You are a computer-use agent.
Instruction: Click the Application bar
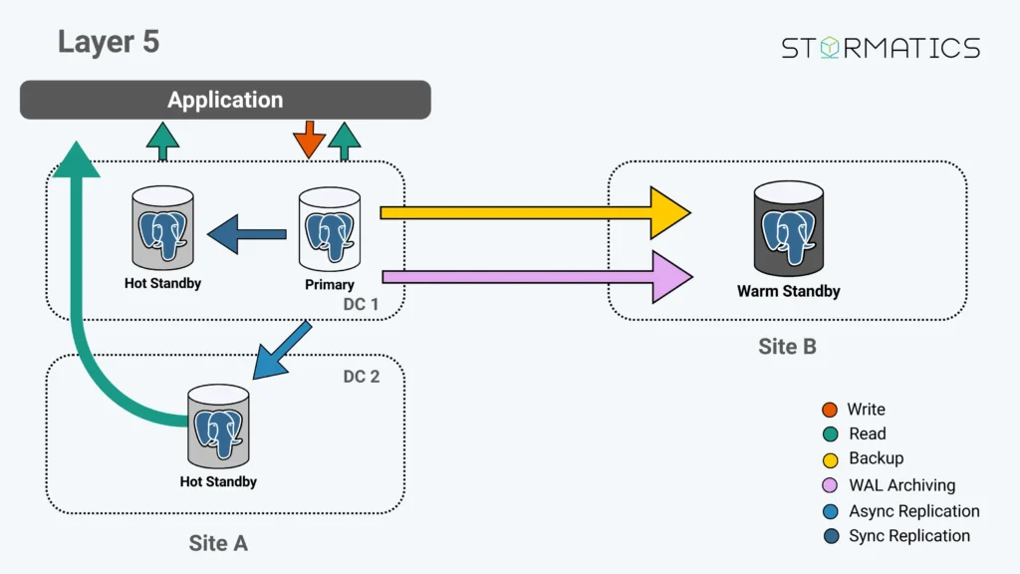(225, 100)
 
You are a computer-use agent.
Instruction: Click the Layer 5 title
(108, 42)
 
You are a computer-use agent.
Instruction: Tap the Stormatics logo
(881, 48)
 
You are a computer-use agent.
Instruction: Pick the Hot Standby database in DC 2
(218, 427)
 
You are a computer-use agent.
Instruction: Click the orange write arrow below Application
(309, 140)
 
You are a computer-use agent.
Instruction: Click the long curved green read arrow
(85, 299)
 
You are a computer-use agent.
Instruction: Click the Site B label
(787, 347)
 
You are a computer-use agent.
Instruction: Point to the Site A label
(218, 543)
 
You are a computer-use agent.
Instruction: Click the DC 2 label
(361, 377)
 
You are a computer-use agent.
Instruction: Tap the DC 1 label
(361, 305)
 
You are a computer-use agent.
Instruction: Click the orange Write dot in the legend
(830, 410)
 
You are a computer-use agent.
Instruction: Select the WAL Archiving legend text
(901, 485)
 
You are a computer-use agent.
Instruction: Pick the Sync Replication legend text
(908, 536)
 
